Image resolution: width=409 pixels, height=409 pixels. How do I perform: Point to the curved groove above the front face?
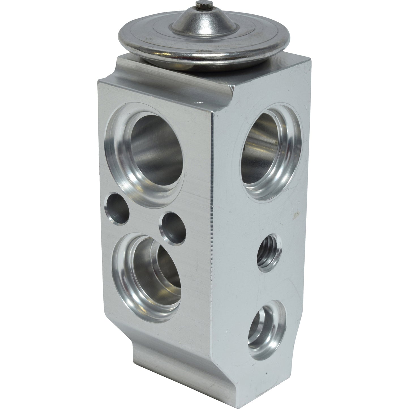[x=113, y=71]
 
